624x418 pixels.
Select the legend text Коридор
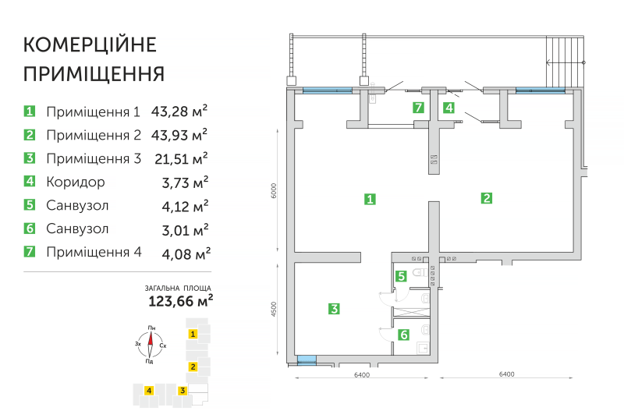coord(75,182)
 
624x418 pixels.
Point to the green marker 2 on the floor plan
coord(486,198)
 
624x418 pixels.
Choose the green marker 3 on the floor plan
coord(333,309)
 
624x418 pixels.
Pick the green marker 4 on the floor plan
coord(448,108)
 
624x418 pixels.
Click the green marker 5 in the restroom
coord(400,275)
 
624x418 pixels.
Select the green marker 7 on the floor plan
coord(419,108)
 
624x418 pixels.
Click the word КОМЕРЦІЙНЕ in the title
coord(90,43)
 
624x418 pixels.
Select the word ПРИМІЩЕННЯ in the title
coord(94,74)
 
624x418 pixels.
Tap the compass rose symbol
coord(149,343)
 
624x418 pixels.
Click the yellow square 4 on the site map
coord(147,390)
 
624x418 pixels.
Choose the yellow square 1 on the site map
coord(192,334)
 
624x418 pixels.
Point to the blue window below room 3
coord(307,360)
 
